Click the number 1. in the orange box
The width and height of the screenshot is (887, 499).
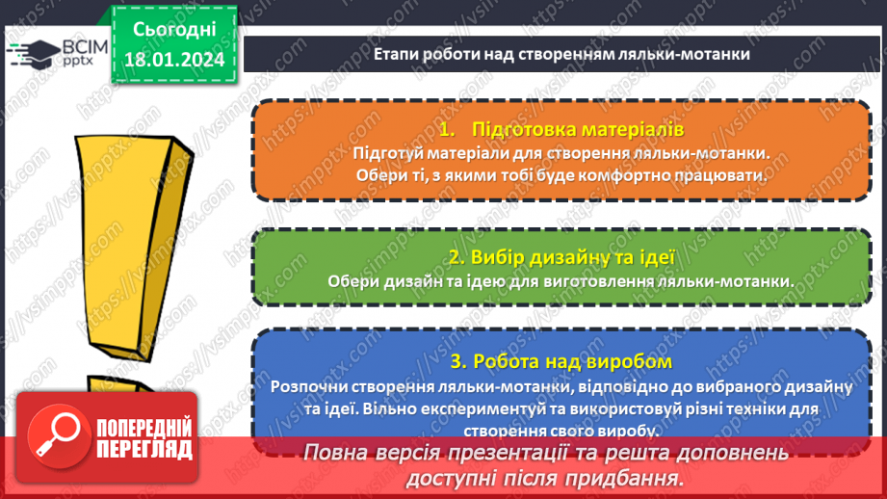pyautogui.click(x=445, y=129)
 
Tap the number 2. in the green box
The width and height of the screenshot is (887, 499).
pyautogui.click(x=457, y=257)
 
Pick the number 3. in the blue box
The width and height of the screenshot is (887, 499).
pyautogui.click(x=458, y=362)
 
